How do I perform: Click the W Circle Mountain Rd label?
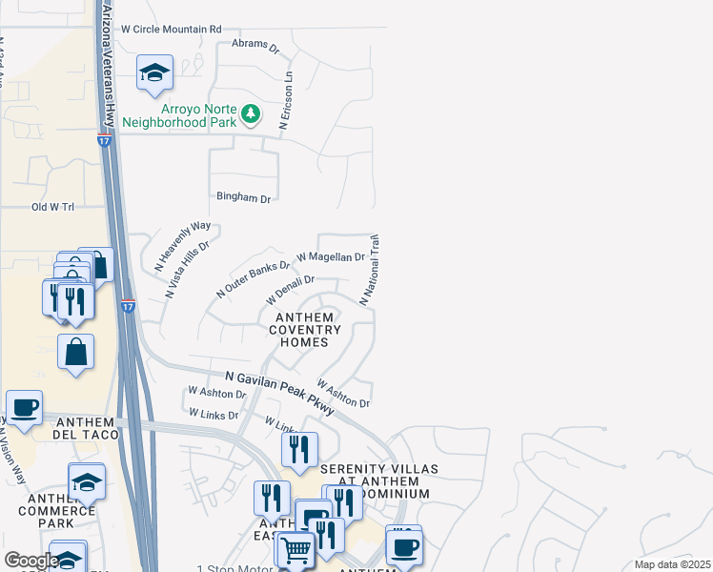point(171,30)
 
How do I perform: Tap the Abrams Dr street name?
point(255,45)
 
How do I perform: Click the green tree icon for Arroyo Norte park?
point(251,114)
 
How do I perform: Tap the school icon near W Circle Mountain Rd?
point(154,73)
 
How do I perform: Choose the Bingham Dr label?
point(244,198)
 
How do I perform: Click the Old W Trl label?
point(52,206)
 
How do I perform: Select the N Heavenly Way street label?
point(182,247)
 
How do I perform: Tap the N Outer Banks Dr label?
point(253,279)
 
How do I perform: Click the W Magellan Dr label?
point(331,257)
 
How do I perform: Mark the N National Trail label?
point(369,270)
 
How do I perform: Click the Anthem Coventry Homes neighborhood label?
point(304,330)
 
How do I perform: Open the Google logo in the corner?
point(31,561)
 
